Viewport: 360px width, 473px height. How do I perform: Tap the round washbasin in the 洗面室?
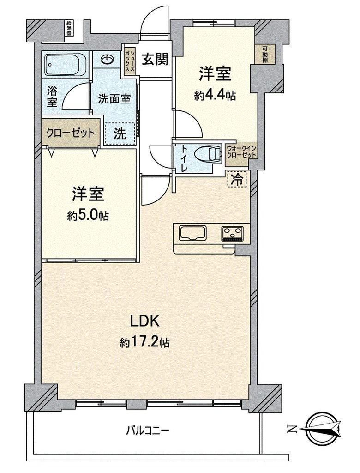point(108,60)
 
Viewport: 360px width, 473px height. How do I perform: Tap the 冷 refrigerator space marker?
point(237,179)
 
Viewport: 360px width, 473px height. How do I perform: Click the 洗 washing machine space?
point(120,133)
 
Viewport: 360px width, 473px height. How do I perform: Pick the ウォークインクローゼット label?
point(241,152)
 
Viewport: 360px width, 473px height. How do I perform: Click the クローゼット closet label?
point(70,133)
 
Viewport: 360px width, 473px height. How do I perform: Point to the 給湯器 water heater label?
point(69,28)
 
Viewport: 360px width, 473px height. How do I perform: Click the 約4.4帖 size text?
point(215,96)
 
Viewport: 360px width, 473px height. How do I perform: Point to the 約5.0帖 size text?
point(88,216)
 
